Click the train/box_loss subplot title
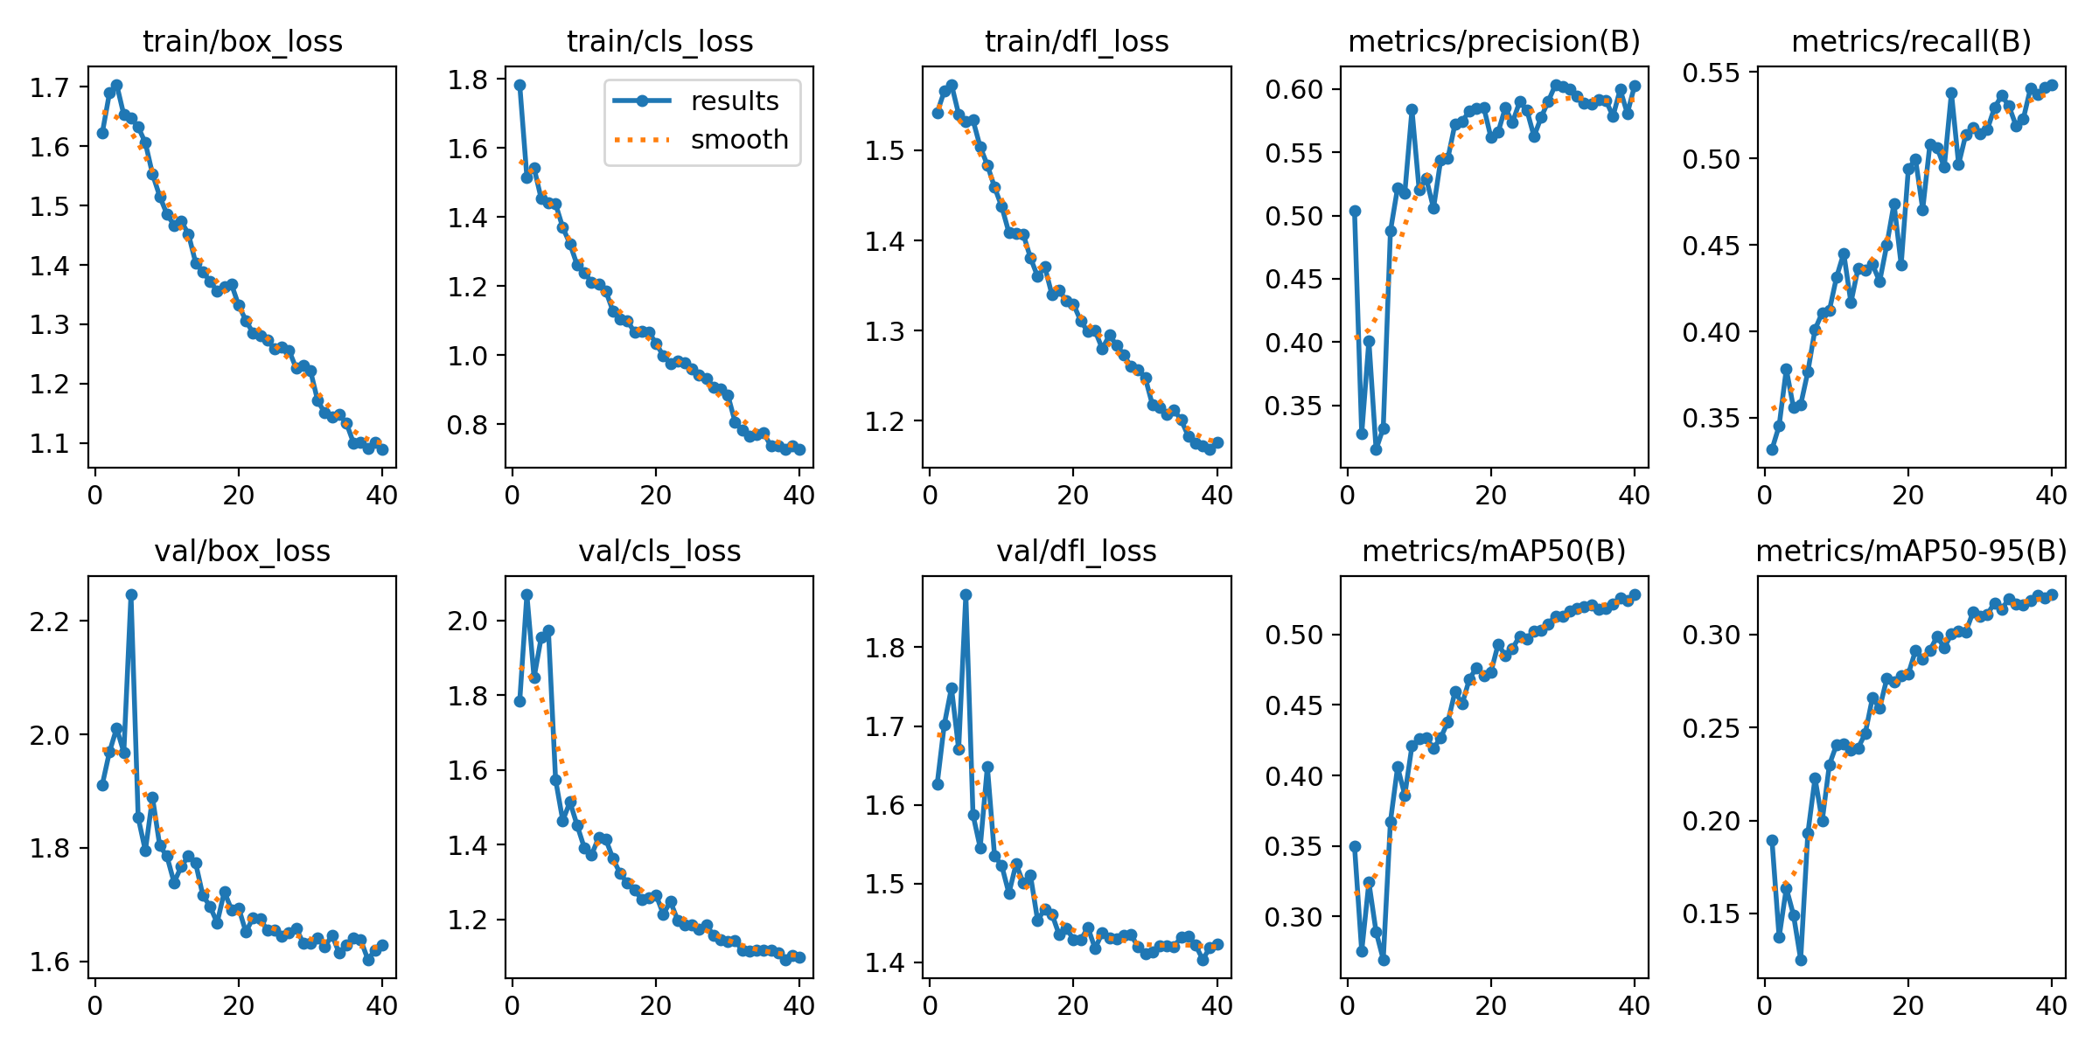pos(242,41)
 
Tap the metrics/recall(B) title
pos(1911,41)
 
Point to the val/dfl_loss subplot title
pos(1077,551)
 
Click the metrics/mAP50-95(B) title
pos(1911,551)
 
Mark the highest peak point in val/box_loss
pos(131,594)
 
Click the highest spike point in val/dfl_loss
pos(966,594)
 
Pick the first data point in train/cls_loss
pos(520,85)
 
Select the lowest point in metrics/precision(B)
pos(1376,449)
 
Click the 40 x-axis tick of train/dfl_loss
pos(1217,496)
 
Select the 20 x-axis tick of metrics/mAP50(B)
pos(1490,1006)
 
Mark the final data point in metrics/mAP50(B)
pos(1635,594)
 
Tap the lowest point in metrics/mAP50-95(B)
pos(1801,960)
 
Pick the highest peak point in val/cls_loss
pos(526,594)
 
